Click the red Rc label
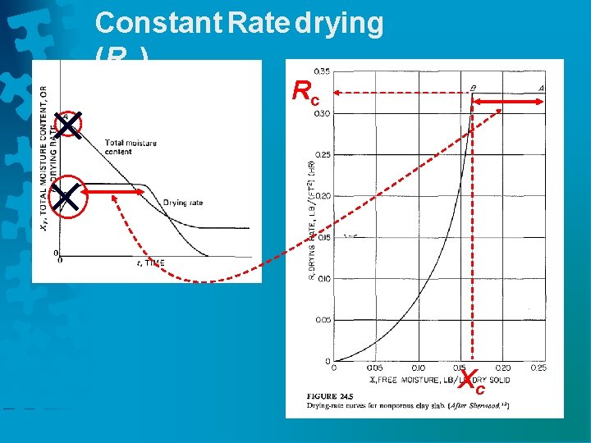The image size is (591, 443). (305, 93)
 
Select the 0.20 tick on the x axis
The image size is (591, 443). (502, 368)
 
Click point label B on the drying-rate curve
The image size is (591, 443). (472, 87)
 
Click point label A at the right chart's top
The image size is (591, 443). (542, 87)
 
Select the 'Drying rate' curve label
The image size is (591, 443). (182, 203)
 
